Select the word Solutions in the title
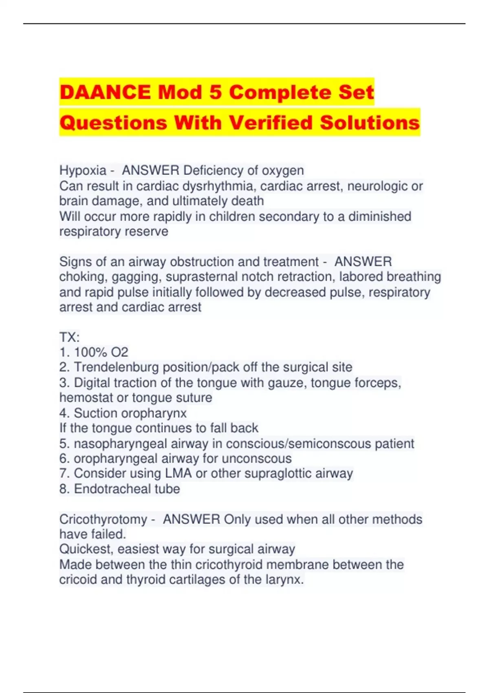click(370, 123)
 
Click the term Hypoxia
click(83, 170)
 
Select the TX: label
click(69, 337)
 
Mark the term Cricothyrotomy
click(103, 519)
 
